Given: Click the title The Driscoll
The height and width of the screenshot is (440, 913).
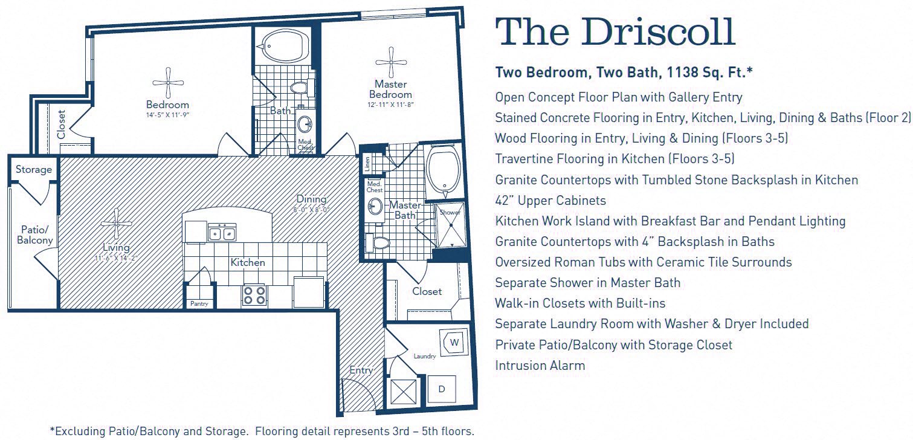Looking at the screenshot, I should point(615,33).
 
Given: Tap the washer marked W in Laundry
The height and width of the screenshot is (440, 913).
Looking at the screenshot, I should point(455,343).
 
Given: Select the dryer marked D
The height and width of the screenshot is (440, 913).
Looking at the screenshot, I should point(442,390).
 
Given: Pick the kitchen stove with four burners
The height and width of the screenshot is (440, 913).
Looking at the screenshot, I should point(254,295).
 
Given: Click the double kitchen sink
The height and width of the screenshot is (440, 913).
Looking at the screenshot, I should point(222,233).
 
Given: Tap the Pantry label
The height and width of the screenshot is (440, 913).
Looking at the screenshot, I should point(199,304).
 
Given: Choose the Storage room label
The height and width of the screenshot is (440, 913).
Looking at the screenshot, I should point(34,169).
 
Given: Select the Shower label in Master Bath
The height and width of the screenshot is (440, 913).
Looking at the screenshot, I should point(450,213).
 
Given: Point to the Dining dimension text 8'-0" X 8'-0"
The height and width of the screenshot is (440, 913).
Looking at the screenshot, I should point(312,210).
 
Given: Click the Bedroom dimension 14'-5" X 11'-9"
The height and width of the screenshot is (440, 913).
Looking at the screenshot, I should point(167,115).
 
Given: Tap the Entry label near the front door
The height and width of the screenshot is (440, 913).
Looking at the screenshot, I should point(361,370).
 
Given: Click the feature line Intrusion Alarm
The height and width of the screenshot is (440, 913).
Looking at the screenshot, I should point(540,365).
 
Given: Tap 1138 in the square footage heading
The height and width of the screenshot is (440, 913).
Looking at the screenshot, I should point(685,73).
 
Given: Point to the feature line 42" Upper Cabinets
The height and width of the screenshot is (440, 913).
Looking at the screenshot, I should point(550,200).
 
